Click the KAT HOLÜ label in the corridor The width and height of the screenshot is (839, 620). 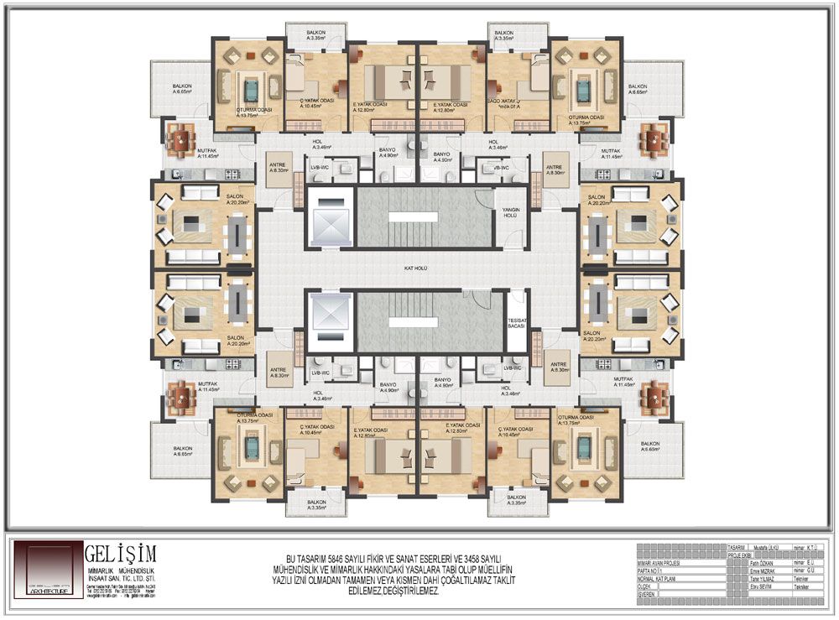point(415,271)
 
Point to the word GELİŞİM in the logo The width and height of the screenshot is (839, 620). point(120,554)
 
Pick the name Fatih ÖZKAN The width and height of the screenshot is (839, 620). point(763,562)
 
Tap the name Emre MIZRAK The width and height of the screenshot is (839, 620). point(764,571)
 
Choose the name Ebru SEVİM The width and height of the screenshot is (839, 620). point(763,587)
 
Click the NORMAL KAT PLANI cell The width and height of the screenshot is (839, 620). point(659,579)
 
